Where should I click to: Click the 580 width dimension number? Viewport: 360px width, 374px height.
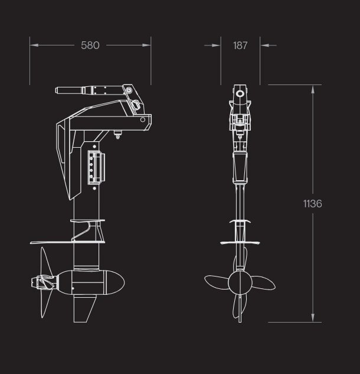click(90, 45)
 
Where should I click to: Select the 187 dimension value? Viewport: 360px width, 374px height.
click(240, 45)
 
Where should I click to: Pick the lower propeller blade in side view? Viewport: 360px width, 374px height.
click(46, 304)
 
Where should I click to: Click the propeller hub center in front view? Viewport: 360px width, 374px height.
click(240, 283)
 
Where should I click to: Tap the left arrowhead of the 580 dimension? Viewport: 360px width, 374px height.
click(33, 45)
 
